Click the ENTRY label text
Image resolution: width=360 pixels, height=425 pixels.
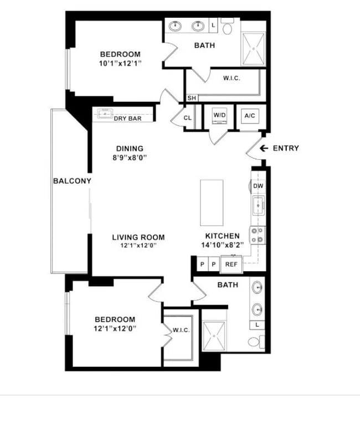[x=286, y=148]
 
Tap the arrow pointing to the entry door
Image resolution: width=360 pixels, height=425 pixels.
[x=264, y=148]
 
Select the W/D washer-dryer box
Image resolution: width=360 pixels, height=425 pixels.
[x=220, y=116]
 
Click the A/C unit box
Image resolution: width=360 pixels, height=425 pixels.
[x=249, y=116]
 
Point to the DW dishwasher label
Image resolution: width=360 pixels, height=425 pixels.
[x=258, y=186]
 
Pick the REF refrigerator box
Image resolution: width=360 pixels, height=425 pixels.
[x=231, y=265]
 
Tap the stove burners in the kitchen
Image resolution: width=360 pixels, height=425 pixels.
[x=257, y=235]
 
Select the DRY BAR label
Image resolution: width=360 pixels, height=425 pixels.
[x=127, y=118]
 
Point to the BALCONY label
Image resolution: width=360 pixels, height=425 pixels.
[x=72, y=181]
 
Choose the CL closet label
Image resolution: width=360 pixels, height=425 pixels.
[x=188, y=118]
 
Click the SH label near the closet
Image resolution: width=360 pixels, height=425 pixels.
[x=191, y=98]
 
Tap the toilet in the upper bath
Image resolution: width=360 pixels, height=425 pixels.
[x=227, y=26]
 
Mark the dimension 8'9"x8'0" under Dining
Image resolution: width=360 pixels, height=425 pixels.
[x=130, y=157]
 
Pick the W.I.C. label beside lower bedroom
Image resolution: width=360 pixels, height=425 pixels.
[x=181, y=330]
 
